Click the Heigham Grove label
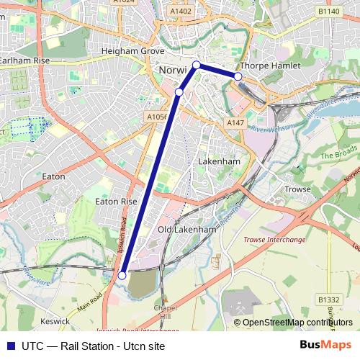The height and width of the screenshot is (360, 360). (x=134, y=52)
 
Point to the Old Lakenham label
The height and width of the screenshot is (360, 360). (x=186, y=230)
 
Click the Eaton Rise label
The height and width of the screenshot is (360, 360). (x=116, y=202)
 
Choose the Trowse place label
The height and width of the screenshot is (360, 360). (x=297, y=189)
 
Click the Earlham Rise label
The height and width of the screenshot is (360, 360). (x=24, y=61)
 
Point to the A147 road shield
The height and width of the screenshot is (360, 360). (x=235, y=123)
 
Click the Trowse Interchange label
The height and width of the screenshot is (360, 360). (x=274, y=239)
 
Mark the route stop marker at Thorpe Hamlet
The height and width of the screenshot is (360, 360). (x=238, y=76)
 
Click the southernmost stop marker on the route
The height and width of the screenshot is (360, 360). (x=122, y=275)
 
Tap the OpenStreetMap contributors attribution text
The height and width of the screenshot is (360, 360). (x=293, y=322)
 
